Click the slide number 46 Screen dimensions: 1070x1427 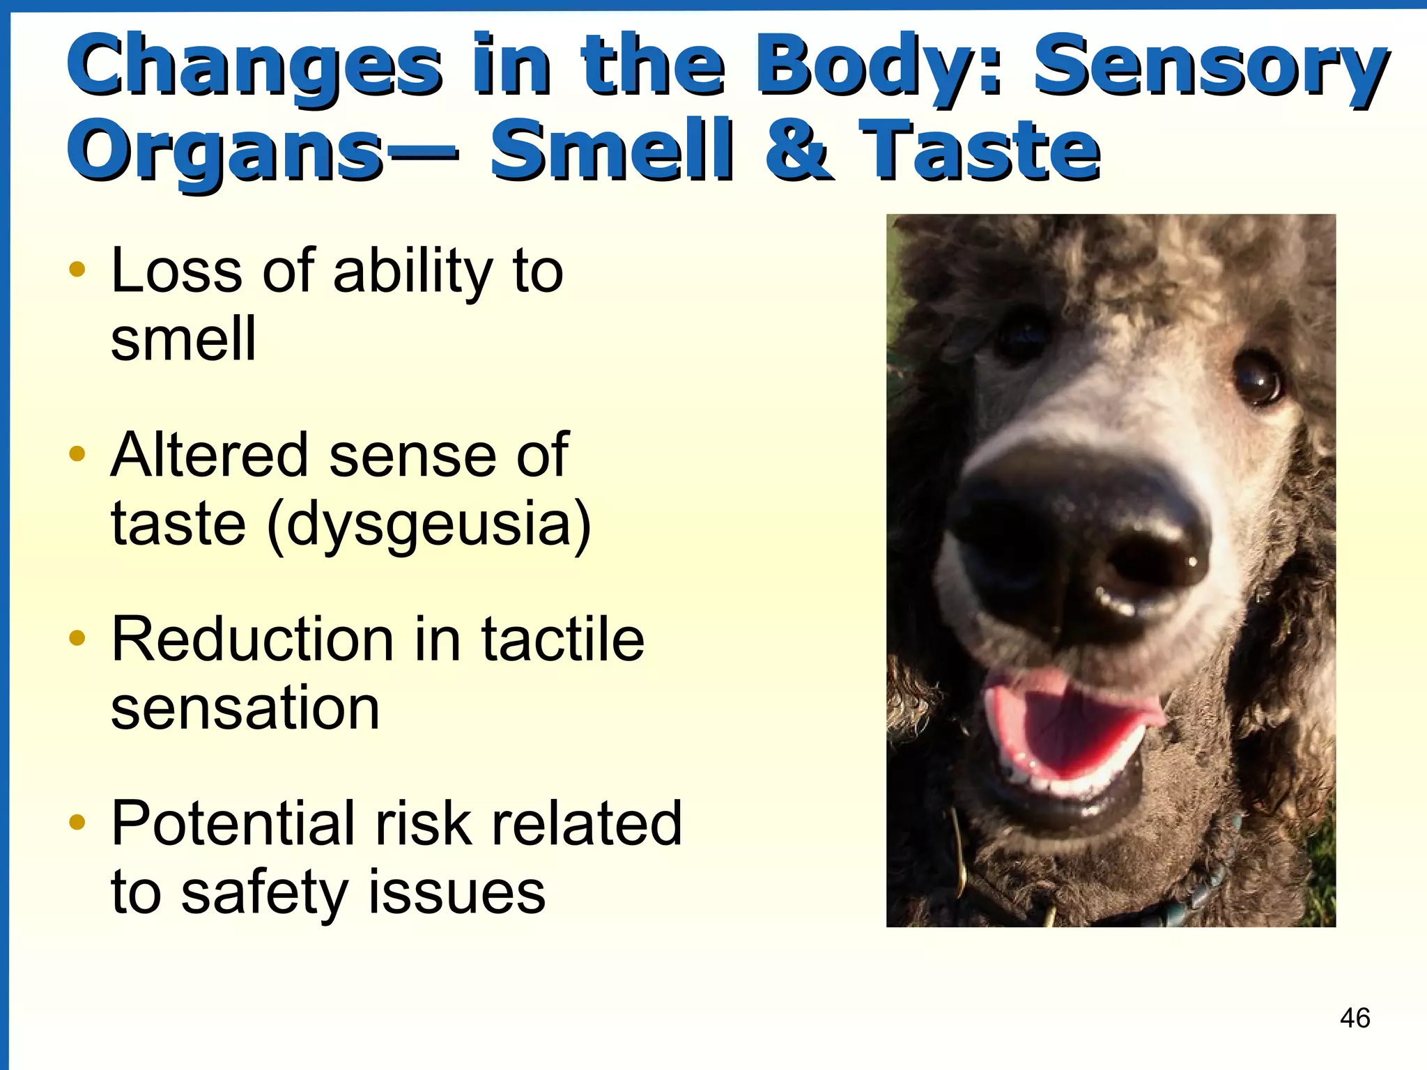(1355, 1018)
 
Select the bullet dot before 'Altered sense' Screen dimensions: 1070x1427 (77, 454)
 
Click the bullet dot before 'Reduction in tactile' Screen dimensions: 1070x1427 (77, 638)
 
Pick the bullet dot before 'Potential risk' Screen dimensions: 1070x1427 (77, 823)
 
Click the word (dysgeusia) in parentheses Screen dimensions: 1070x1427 (429, 524)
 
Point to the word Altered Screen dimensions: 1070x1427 (209, 454)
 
